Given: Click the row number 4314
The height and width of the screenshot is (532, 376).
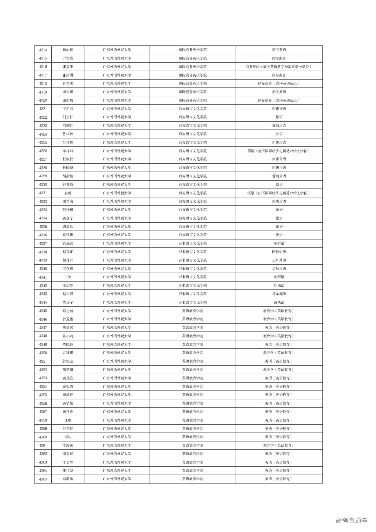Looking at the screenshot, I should [x=43, y=50].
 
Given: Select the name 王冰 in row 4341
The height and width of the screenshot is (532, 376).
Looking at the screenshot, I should [x=68, y=277].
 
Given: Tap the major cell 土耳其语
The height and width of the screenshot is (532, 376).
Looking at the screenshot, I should [x=279, y=260].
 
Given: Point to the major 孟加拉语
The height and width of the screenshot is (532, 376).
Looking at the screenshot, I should [x=279, y=269].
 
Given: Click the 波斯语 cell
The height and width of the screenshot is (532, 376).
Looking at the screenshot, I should [x=279, y=302].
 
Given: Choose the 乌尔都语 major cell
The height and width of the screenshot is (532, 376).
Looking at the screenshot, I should [x=279, y=294].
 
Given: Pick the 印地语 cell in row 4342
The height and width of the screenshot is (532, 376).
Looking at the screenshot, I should [x=279, y=286].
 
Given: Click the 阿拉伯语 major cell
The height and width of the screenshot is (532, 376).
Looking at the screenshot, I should [x=279, y=252].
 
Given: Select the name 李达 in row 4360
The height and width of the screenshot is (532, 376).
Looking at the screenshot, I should [x=68, y=437].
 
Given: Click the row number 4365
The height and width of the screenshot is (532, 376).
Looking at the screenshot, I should [x=43, y=479].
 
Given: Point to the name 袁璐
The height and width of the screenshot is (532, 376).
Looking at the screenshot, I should [x=68, y=193].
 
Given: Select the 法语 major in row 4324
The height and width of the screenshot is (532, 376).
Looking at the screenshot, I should [x=279, y=134].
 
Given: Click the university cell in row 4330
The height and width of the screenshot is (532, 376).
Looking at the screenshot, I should [x=117, y=185].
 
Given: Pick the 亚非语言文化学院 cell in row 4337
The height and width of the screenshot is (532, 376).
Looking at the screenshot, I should [x=193, y=243].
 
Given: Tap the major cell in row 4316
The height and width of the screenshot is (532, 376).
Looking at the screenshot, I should [x=279, y=67].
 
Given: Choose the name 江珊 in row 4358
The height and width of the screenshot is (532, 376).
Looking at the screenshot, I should [x=68, y=420].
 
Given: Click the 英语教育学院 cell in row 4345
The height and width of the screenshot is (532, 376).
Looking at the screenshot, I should [x=193, y=311].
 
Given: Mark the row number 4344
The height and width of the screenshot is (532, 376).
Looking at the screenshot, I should [x=43, y=302].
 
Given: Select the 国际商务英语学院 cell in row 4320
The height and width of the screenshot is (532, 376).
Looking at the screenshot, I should [x=193, y=100].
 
